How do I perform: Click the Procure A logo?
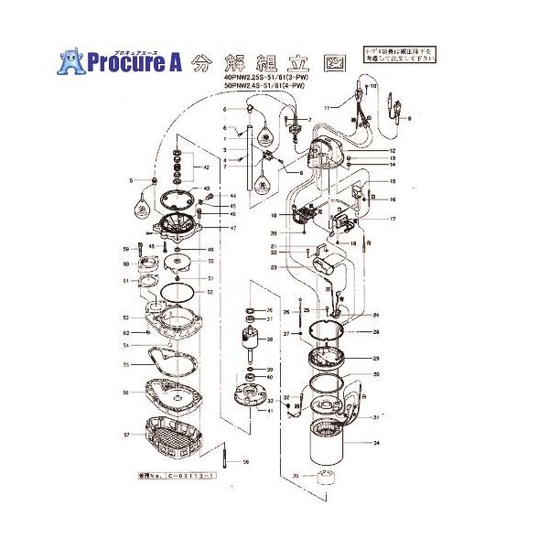[x=120, y=61]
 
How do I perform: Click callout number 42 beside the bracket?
[x=207, y=169]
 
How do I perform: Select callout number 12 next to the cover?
[x=391, y=150]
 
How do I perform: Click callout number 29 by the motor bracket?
[x=375, y=359]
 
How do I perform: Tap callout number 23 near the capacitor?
[x=273, y=267]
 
